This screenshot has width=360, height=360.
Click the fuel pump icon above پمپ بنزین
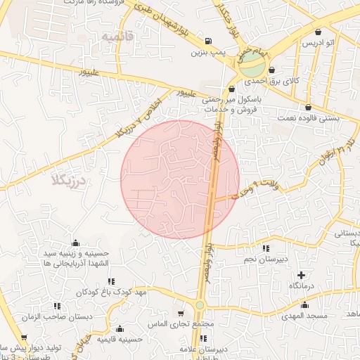point(209,41)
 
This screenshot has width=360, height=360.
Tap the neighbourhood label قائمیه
point(116,36)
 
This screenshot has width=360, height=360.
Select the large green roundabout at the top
point(251,68)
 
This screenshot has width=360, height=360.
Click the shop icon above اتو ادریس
point(319,32)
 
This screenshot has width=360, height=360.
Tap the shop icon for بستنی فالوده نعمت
point(309,108)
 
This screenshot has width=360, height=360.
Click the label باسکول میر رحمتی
point(231,101)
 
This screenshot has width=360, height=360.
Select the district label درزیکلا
point(67,181)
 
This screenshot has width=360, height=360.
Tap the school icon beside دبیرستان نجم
point(265,248)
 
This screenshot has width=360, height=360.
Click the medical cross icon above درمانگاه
point(302,275)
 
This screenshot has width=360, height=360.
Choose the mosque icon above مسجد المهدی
point(304,305)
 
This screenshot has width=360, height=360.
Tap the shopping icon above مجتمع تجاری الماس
point(181,314)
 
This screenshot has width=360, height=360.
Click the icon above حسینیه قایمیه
point(120,328)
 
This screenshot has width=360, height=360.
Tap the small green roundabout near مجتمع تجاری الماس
point(200,305)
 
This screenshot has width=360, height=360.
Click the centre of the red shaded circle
point(180,179)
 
